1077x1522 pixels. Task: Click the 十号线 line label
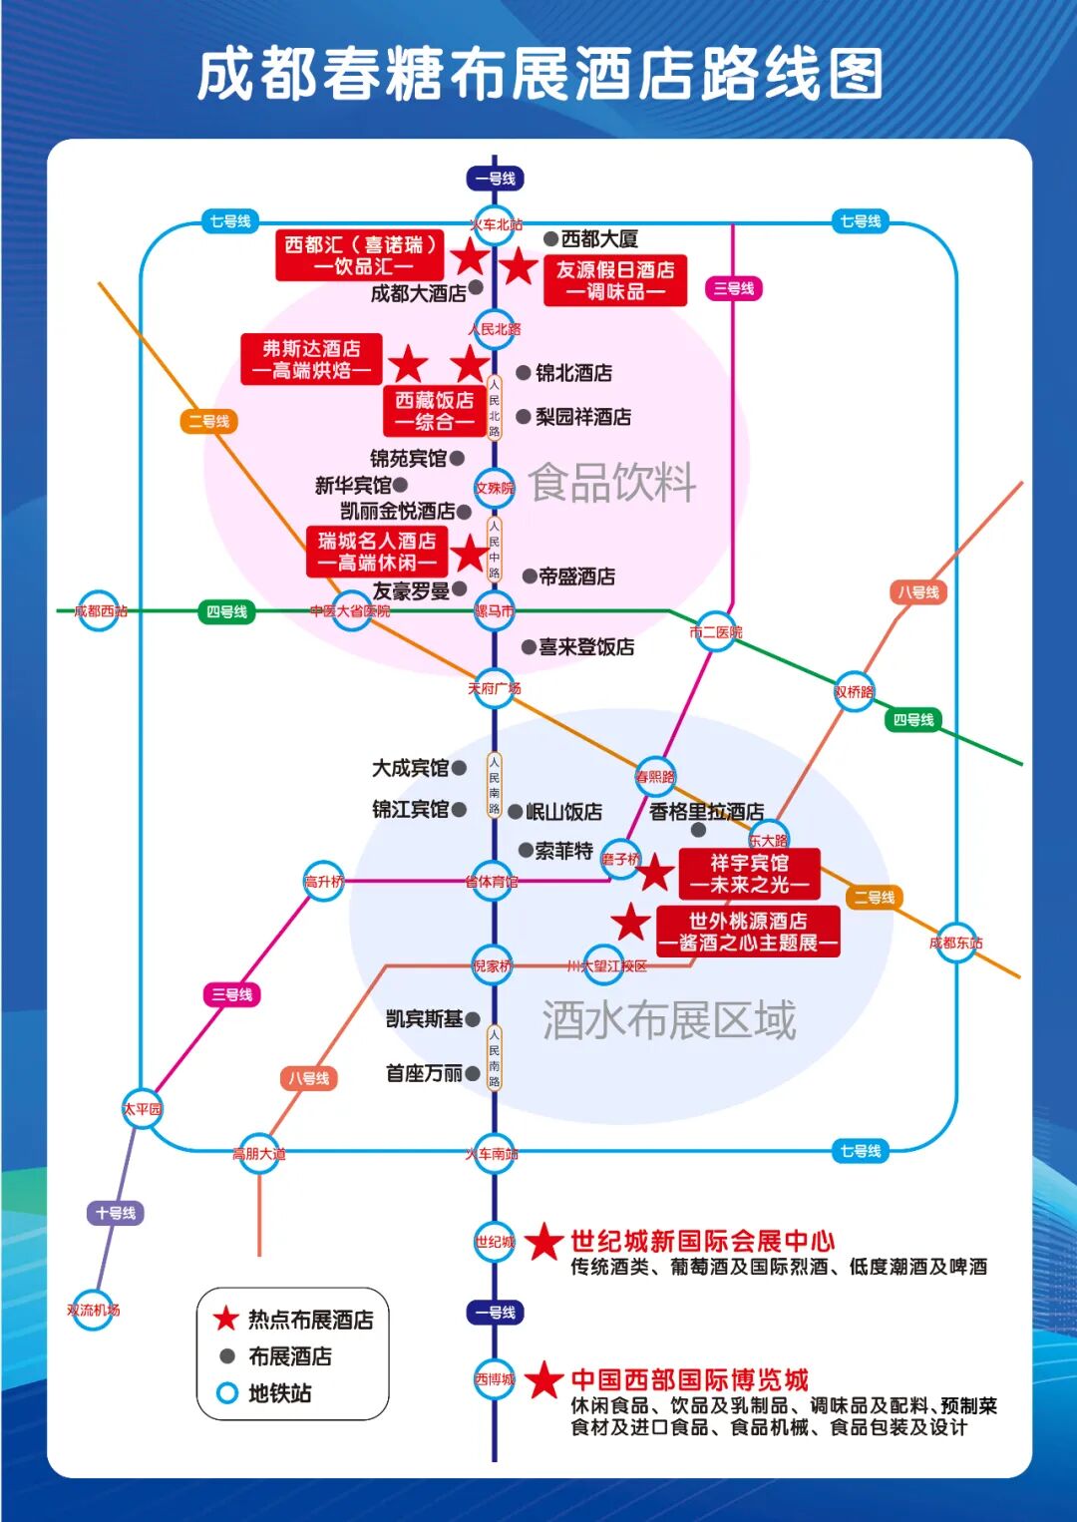point(116,1213)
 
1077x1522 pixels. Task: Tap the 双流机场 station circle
point(94,1310)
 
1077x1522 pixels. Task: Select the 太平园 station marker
point(143,1109)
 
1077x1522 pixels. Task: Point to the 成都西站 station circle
point(100,610)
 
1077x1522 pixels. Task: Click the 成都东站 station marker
point(956,943)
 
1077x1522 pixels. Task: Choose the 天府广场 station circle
point(495,688)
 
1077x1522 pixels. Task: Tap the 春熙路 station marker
point(655,776)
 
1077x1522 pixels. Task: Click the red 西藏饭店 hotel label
point(434,411)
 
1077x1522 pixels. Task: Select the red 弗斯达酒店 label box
point(311,359)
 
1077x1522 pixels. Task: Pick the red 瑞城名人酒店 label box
point(376,552)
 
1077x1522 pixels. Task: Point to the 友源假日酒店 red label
point(615,280)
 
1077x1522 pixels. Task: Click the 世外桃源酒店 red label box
point(748,932)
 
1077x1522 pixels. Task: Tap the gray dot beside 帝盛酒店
point(530,575)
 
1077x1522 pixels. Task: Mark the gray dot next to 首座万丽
point(473,1073)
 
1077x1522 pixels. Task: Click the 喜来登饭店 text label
point(586,647)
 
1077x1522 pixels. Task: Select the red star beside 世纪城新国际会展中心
point(544,1242)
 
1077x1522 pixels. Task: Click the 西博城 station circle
point(495,1379)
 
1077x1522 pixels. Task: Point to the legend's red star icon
point(226,1319)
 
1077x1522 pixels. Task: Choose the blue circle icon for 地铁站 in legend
point(227,1393)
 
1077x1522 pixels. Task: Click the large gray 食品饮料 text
point(612,483)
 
